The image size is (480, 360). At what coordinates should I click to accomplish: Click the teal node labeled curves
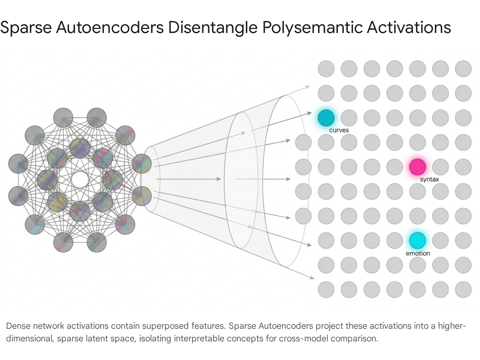pyautogui.click(x=326, y=118)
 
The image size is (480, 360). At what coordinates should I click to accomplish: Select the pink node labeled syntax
pyautogui.click(x=417, y=167)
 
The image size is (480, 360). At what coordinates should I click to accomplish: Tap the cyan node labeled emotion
pyautogui.click(x=417, y=240)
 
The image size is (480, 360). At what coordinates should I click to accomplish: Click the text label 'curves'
pyautogui.click(x=339, y=130)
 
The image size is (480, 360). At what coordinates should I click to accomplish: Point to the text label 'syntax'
pyautogui.click(x=429, y=179)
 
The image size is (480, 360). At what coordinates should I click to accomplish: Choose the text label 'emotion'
pyautogui.click(x=418, y=253)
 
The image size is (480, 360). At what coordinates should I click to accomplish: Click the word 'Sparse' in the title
pyautogui.click(x=26, y=28)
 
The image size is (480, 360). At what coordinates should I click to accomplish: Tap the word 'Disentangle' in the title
pyautogui.click(x=213, y=28)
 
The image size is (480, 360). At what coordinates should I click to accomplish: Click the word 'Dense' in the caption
pyautogui.click(x=18, y=326)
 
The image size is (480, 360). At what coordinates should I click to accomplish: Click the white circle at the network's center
pyautogui.click(x=80, y=179)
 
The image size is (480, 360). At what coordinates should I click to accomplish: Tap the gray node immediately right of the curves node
pyautogui.click(x=349, y=118)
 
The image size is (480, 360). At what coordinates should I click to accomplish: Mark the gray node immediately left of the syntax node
pyautogui.click(x=394, y=167)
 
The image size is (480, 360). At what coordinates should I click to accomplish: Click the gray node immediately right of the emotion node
pyautogui.click(x=440, y=240)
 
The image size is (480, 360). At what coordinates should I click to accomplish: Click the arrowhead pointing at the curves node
pyautogui.click(x=309, y=113)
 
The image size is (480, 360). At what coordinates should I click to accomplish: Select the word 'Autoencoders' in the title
pyautogui.click(x=110, y=28)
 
